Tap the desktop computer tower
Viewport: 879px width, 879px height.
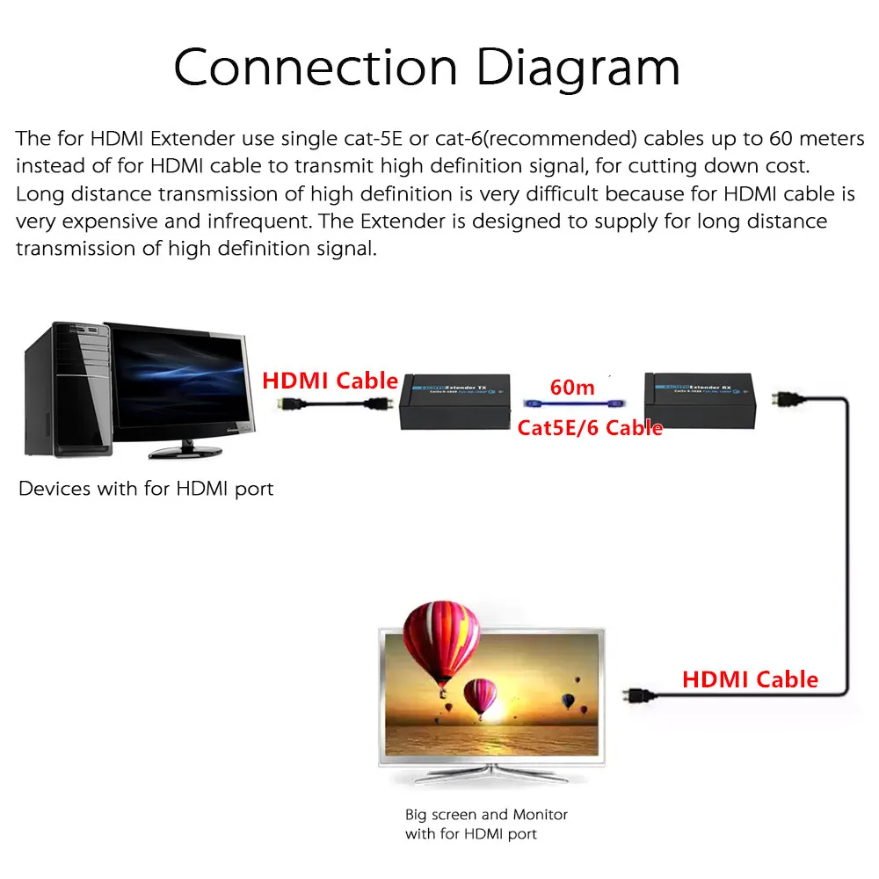66,387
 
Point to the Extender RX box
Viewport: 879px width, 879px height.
701,401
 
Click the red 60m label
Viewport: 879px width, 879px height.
571,386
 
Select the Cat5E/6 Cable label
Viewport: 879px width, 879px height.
590,428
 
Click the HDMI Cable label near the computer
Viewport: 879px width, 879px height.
331,381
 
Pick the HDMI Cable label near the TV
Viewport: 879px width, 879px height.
750,679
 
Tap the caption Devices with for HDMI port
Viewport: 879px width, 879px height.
146,489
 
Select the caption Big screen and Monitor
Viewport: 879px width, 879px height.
486,815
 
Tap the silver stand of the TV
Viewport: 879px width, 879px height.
489,777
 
